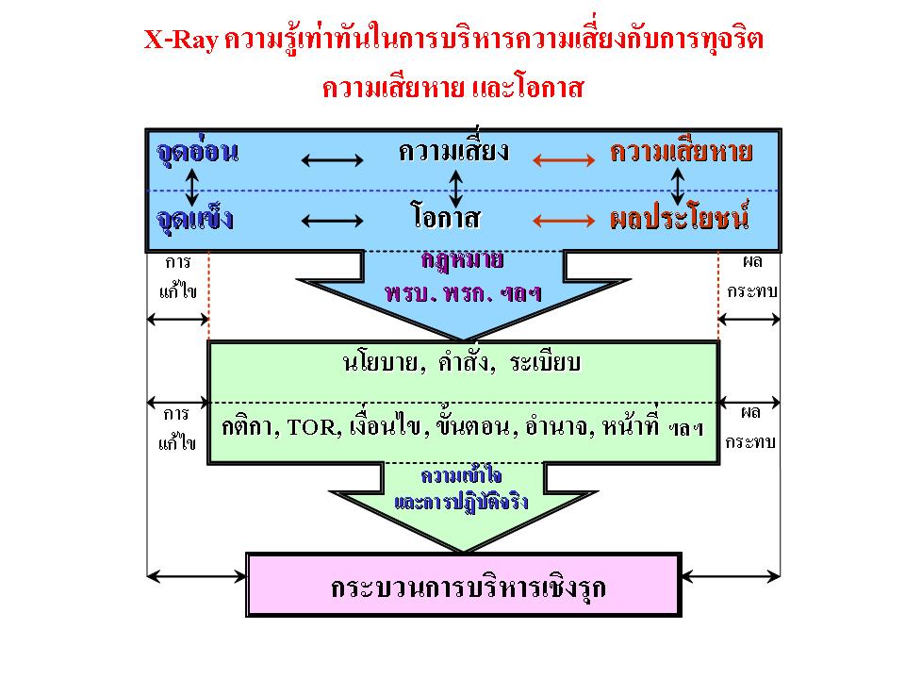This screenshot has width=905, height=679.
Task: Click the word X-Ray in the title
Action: pyautogui.click(x=181, y=40)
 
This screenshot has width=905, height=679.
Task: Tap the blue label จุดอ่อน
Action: pyautogui.click(x=197, y=151)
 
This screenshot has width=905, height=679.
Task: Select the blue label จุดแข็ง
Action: pyautogui.click(x=194, y=218)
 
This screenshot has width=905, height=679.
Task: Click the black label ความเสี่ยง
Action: pyautogui.click(x=453, y=150)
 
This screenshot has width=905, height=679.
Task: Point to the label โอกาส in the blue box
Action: pyautogui.click(x=446, y=216)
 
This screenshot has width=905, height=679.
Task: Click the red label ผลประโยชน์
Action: pyautogui.click(x=680, y=217)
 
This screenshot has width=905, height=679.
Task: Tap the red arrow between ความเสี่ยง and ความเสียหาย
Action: pyautogui.click(x=564, y=160)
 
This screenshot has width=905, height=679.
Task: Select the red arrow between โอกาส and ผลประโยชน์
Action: pyautogui.click(x=564, y=221)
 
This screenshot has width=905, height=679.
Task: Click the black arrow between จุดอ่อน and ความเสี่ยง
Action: pyautogui.click(x=333, y=160)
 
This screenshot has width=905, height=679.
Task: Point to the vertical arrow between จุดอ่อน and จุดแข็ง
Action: pyautogui.click(x=192, y=187)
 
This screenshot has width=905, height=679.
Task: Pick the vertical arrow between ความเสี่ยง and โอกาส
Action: pyautogui.click(x=456, y=189)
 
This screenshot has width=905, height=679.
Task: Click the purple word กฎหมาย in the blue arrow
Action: pyautogui.click(x=462, y=260)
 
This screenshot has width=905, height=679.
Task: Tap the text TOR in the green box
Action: pyautogui.click(x=311, y=428)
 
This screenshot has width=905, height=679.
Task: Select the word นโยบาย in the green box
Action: pyautogui.click(x=380, y=363)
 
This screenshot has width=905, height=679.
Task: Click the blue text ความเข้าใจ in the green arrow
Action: pyautogui.click(x=462, y=475)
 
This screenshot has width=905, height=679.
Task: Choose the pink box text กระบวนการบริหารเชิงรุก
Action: pyautogui.click(x=468, y=588)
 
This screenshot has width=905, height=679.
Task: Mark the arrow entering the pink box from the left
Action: pyautogui.click(x=197, y=575)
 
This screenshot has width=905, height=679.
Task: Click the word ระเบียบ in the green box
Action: pyautogui.click(x=545, y=362)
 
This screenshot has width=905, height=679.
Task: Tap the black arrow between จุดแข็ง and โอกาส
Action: pyautogui.click(x=333, y=221)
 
